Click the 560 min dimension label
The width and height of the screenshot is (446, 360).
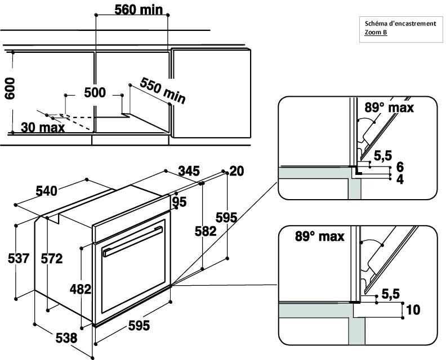click(x=139, y=10)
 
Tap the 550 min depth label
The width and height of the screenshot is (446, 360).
click(x=163, y=91)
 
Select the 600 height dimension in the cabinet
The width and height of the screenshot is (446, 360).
click(x=10, y=88)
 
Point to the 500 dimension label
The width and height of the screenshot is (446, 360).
click(x=95, y=93)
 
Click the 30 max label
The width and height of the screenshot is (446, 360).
click(x=43, y=128)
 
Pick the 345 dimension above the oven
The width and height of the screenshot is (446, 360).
click(x=189, y=171)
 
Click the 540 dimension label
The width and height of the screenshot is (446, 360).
click(x=46, y=191)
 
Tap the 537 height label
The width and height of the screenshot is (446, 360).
click(x=19, y=259)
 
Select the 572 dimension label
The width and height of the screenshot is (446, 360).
click(x=52, y=259)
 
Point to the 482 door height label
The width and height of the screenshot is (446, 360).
click(x=81, y=289)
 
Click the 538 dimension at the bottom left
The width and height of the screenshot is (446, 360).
click(x=66, y=338)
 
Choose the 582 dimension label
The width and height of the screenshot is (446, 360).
click(x=206, y=231)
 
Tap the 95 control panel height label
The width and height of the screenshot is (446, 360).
click(x=180, y=202)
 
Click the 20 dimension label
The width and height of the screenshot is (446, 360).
click(x=237, y=171)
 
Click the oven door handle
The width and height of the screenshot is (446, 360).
click(x=133, y=241)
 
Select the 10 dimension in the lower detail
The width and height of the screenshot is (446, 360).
click(x=413, y=310)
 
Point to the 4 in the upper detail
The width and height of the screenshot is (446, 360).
click(x=400, y=179)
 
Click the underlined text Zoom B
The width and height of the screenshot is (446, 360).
click(x=376, y=32)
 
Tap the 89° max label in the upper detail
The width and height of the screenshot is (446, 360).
click(x=389, y=107)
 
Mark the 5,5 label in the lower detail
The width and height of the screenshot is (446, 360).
click(x=391, y=294)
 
